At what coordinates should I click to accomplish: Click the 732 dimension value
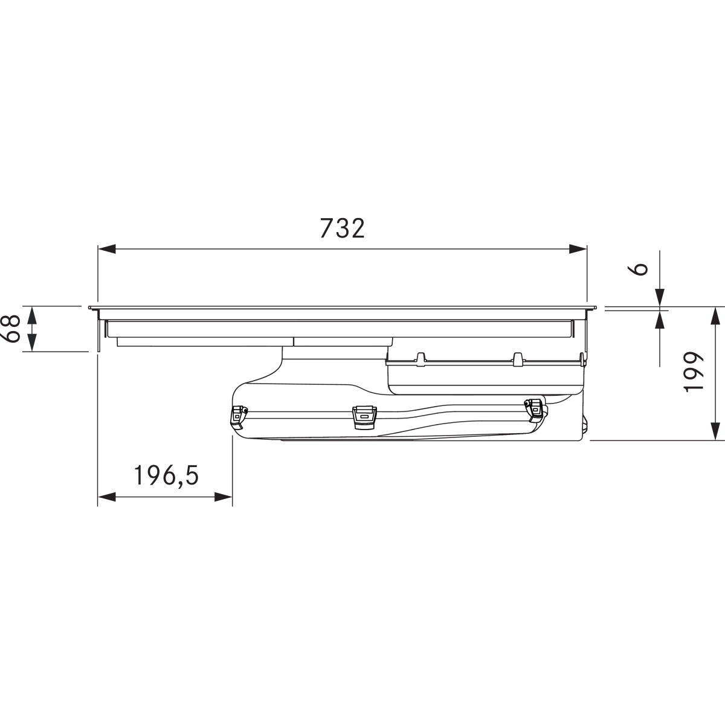(x=343, y=228)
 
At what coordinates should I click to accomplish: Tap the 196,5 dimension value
(x=166, y=475)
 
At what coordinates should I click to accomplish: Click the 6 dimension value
(x=639, y=269)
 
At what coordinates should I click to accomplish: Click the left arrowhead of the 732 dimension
(x=107, y=249)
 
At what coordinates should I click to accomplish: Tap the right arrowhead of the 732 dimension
(x=578, y=249)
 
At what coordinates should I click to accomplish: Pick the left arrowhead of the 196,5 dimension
(x=106, y=497)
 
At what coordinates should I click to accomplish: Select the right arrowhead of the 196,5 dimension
(x=224, y=497)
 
